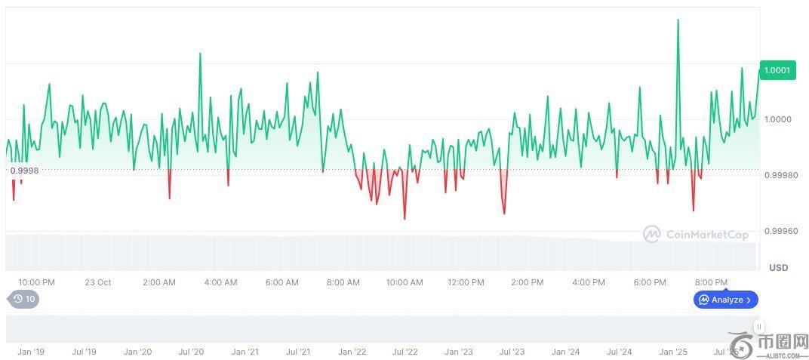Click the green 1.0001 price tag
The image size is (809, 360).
pyautogui.click(x=777, y=70)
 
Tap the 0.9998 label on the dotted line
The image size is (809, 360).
pyautogui.click(x=24, y=171)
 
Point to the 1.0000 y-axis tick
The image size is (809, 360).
pyautogui.click(x=777, y=119)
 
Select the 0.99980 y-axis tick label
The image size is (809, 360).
pyautogui.click(x=780, y=175)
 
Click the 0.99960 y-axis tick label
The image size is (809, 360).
pyautogui.click(x=780, y=231)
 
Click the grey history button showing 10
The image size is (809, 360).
pyautogui.click(x=24, y=299)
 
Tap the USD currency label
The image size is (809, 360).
pyautogui.click(x=778, y=268)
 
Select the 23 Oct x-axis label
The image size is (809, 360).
pyautogui.click(x=98, y=282)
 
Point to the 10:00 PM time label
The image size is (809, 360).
pyautogui.click(x=36, y=282)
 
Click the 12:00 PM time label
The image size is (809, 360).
pyautogui.click(x=466, y=282)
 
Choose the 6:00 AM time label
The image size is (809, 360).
pyautogui.click(x=281, y=282)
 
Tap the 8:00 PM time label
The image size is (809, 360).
pyautogui.click(x=711, y=282)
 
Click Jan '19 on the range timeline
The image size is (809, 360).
pyautogui.click(x=31, y=352)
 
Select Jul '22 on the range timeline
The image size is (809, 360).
pyautogui.click(x=405, y=352)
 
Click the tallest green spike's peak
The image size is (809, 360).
pyautogui.click(x=678, y=20)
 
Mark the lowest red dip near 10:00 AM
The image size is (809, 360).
pyautogui.click(x=404, y=218)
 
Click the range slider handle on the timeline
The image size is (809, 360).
pyautogui.click(x=758, y=327)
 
